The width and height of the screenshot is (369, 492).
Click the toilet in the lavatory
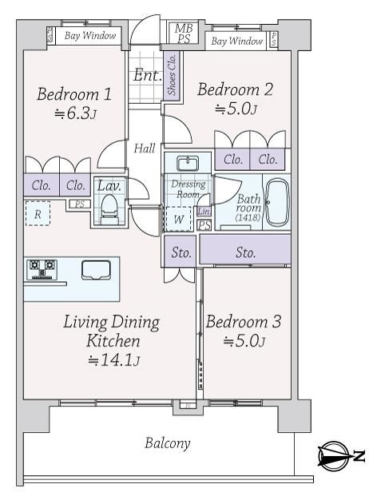point(109,208)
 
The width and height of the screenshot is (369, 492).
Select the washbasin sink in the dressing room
point(188,164)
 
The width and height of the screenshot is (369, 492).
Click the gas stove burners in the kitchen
point(42,269)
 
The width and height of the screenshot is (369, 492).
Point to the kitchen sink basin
point(96,270)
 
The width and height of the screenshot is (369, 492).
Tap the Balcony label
point(167,443)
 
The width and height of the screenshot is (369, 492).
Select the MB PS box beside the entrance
point(184,33)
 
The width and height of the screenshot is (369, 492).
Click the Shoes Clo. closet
point(172,75)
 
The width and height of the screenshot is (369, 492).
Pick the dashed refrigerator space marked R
point(38,213)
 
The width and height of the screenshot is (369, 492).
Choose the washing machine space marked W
point(178,219)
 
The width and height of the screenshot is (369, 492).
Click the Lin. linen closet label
point(204,211)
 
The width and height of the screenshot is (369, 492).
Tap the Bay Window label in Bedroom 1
point(90,36)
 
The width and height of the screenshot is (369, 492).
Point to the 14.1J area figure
point(113,360)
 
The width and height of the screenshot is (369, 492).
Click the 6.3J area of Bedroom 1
point(75,113)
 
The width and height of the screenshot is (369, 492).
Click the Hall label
point(145,148)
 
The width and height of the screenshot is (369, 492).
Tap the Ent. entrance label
point(147,75)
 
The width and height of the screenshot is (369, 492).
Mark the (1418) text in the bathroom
point(248,217)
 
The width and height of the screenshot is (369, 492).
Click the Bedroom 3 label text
point(243,322)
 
